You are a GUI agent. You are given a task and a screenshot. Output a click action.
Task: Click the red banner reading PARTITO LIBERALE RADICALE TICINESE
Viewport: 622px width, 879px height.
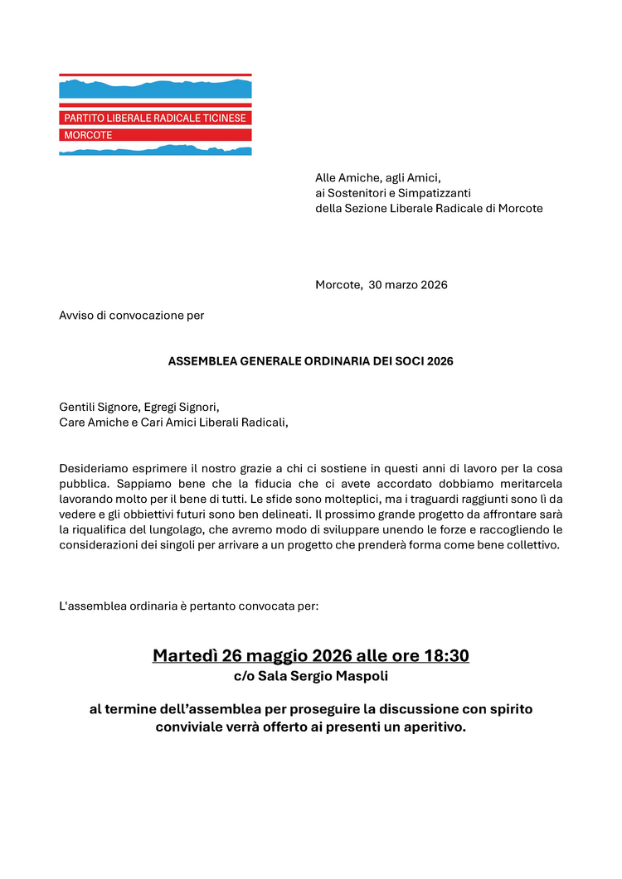(155, 118)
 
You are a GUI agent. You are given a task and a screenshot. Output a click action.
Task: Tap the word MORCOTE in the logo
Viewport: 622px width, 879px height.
(88, 134)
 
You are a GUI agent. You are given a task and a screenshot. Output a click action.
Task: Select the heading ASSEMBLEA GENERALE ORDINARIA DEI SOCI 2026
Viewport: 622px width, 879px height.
(310, 362)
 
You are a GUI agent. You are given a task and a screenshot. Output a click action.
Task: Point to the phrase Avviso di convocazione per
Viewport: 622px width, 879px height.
(131, 315)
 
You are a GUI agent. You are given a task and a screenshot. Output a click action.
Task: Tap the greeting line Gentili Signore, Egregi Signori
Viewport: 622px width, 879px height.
(138, 407)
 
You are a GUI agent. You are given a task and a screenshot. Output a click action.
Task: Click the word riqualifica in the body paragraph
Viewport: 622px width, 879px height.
(101, 529)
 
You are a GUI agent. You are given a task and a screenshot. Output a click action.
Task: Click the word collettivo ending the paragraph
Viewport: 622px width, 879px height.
(530, 544)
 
